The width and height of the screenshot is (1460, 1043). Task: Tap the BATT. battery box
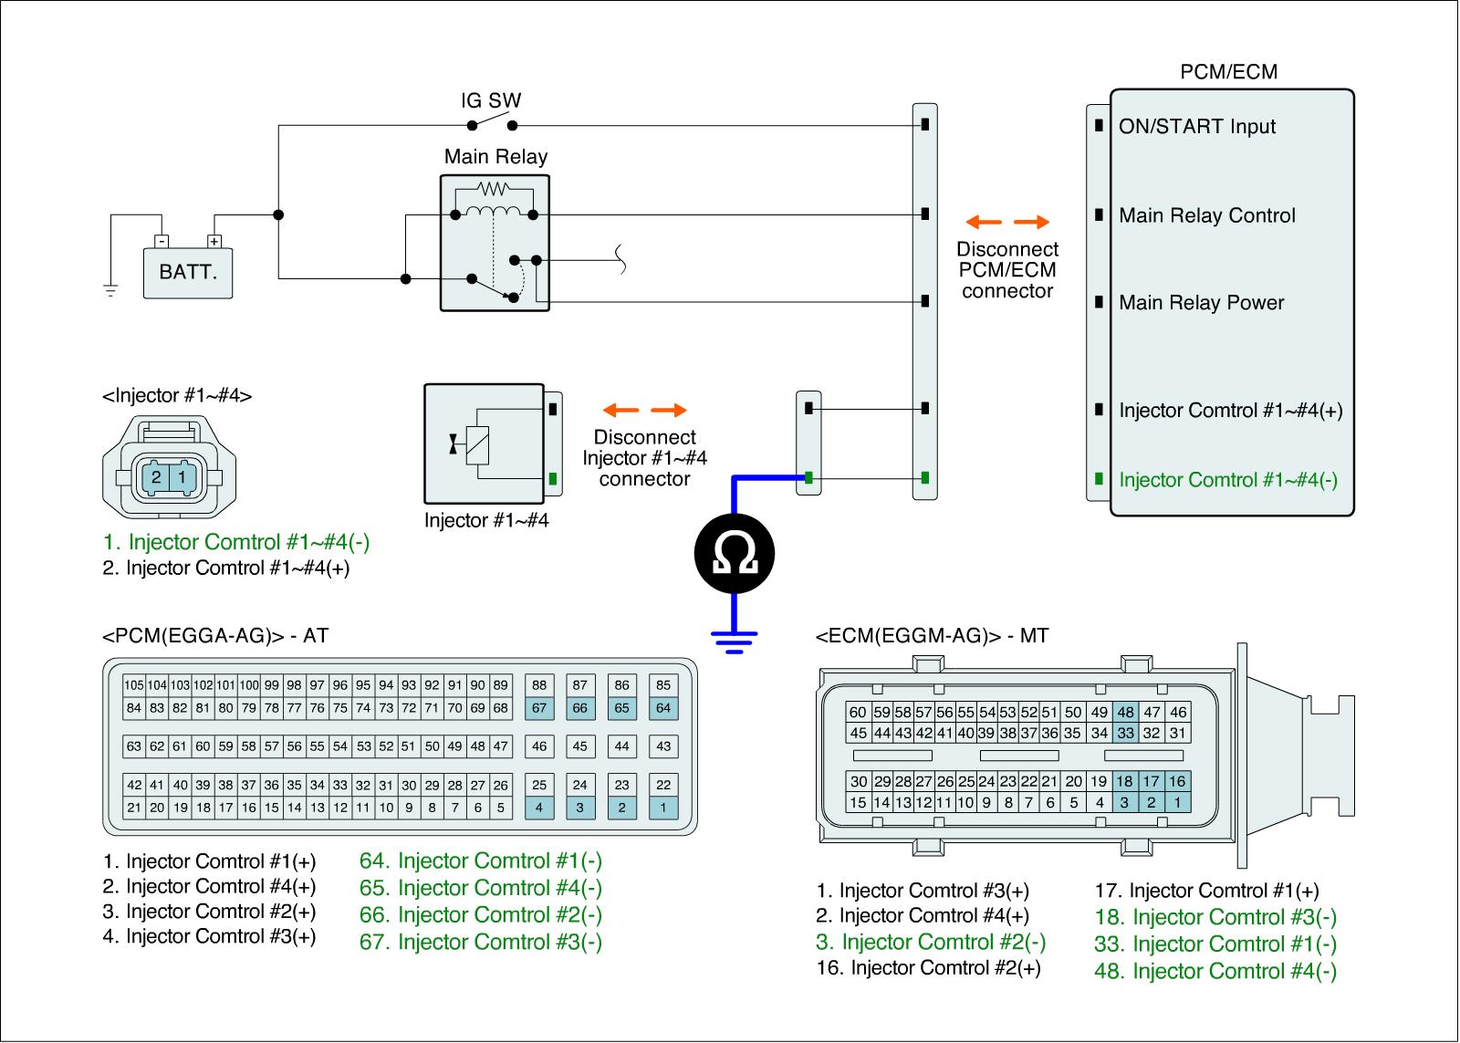click(x=188, y=273)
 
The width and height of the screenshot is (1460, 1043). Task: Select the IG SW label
click(x=491, y=100)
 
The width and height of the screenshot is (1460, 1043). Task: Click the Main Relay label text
click(x=495, y=157)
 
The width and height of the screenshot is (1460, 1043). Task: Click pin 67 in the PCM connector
click(x=539, y=708)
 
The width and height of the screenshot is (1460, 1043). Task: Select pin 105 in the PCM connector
click(x=134, y=685)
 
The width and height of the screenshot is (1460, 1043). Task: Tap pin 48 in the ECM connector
click(x=1125, y=713)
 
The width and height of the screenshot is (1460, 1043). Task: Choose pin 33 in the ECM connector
click(x=1125, y=733)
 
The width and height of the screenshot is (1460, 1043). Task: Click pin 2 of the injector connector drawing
click(x=157, y=477)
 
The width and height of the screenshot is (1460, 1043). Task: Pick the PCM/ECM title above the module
click(x=1228, y=72)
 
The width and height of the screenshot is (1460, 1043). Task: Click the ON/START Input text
click(x=1197, y=127)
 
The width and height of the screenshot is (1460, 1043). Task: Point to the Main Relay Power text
click(x=1201, y=303)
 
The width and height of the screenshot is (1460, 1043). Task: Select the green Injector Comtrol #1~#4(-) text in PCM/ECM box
click(x=1228, y=480)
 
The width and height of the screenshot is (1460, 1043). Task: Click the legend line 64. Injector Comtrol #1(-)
click(x=481, y=861)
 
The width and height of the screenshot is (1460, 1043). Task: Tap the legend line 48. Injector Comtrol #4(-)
click(x=1215, y=972)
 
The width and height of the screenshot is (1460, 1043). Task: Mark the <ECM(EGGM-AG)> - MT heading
click(x=932, y=636)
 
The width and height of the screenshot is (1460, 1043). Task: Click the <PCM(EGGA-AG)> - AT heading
click(x=215, y=636)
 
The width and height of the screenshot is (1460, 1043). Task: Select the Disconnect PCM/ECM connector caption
click(x=1007, y=270)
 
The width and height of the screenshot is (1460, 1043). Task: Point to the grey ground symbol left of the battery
click(x=110, y=291)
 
